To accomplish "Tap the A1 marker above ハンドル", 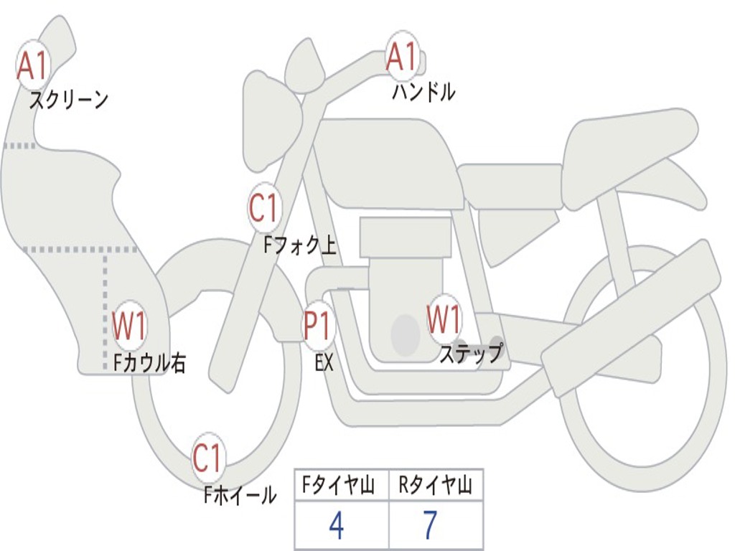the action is (401, 57).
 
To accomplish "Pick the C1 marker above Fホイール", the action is (208, 458).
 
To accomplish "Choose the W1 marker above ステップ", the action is (444, 319).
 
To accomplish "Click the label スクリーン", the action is (68, 100).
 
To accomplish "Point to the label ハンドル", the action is (423, 92).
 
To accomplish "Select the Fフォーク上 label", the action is (299, 246).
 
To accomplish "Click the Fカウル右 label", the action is (150, 363).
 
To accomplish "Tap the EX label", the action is (324, 362).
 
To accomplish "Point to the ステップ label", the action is (471, 353).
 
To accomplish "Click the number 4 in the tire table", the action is (336, 526).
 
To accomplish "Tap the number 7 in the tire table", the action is (430, 526).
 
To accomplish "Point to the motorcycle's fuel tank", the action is (388, 161).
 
